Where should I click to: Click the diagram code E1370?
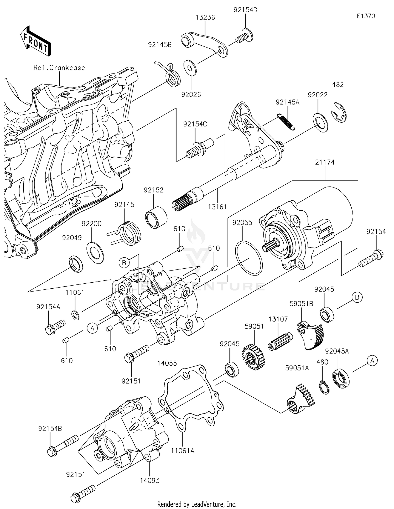pos(366,16)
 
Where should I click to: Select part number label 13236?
pos(205,18)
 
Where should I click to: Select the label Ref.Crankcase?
pos(59,68)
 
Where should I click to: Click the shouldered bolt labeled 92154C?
pos(200,149)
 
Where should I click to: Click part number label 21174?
pos(325,162)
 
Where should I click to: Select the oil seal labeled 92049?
pos(76,263)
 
